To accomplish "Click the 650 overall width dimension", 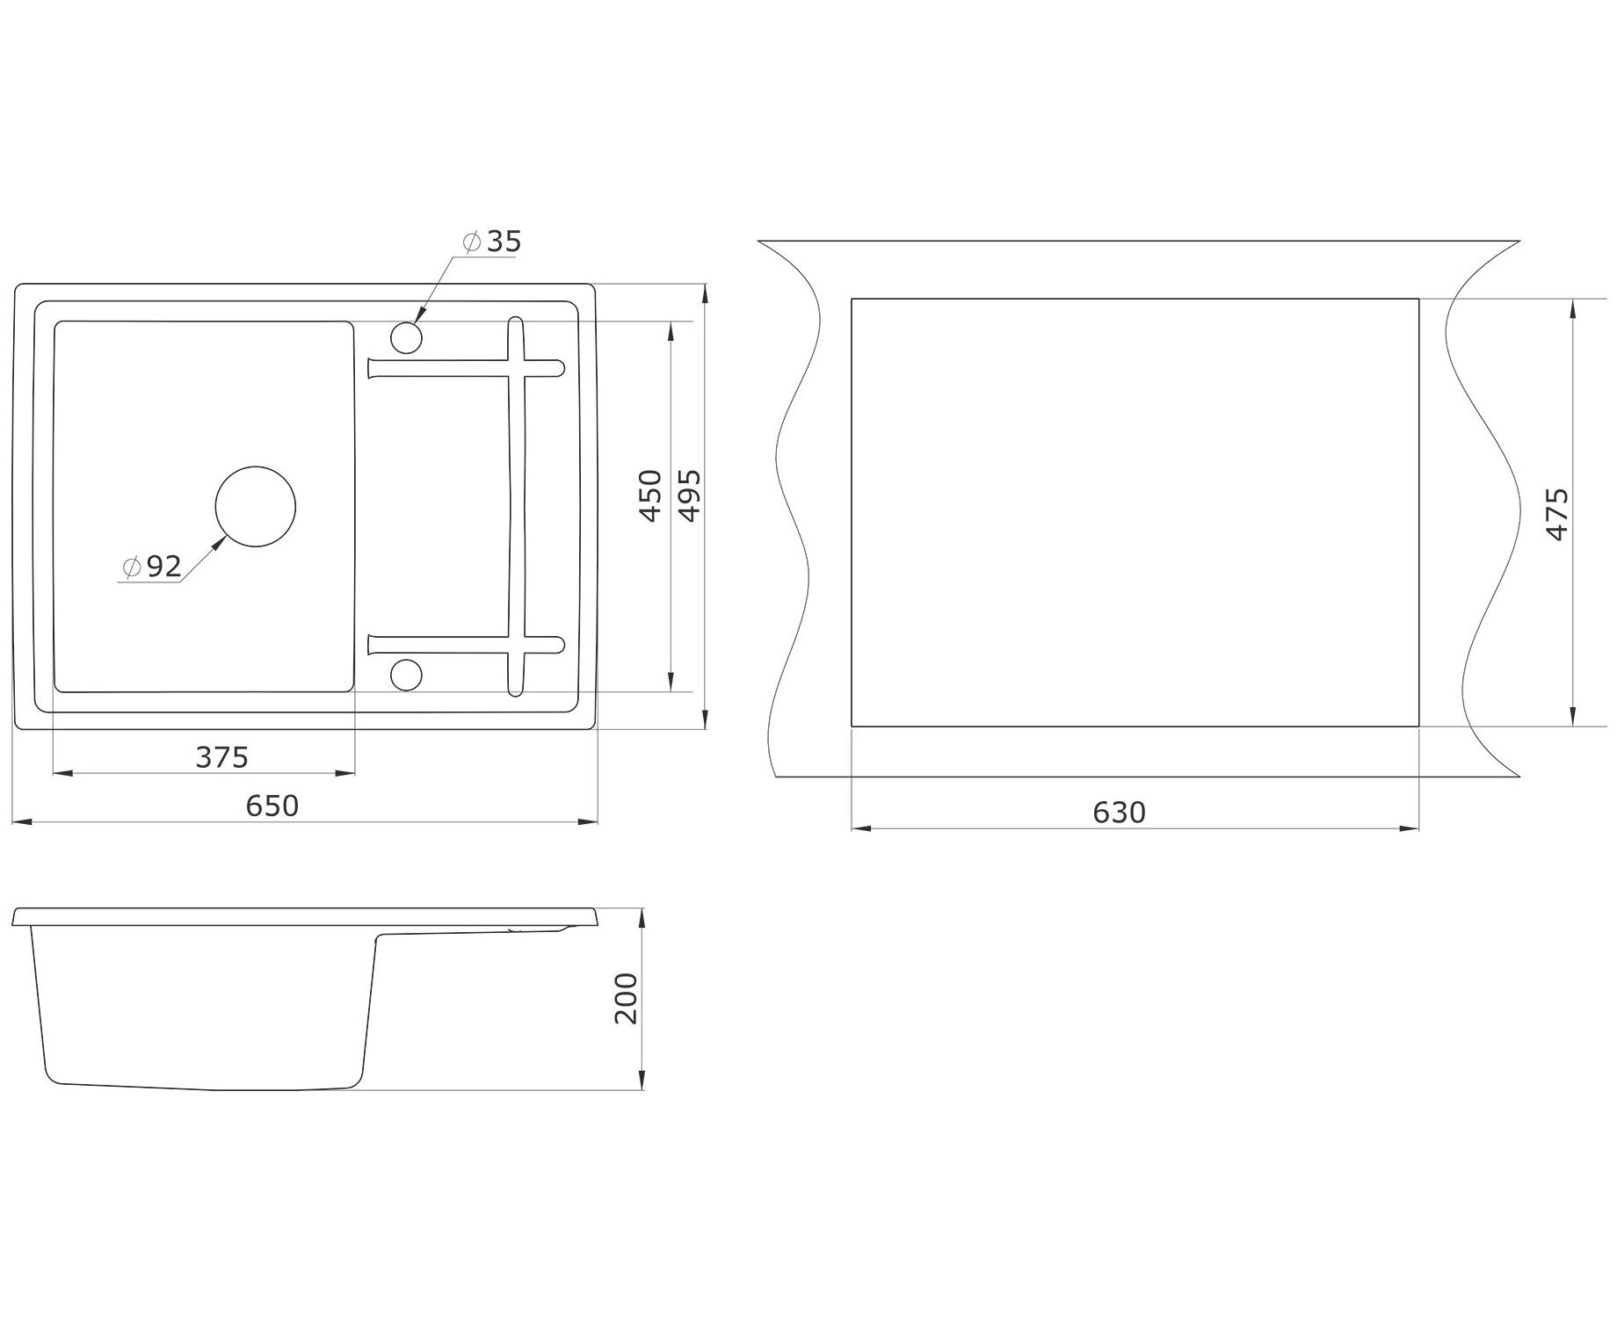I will pyautogui.click(x=272, y=806).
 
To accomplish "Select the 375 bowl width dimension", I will pyautogui.click(x=222, y=756).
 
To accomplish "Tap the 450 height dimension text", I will pyautogui.click(x=650, y=495).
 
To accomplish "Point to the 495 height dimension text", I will pyautogui.click(x=691, y=495).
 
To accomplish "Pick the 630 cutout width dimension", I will pyautogui.click(x=1120, y=813).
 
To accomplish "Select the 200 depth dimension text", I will pyautogui.click(x=626, y=998).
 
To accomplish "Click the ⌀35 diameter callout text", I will pyautogui.click(x=493, y=242).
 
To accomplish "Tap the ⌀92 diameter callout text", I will pyautogui.click(x=154, y=567).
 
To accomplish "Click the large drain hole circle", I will pyautogui.click(x=256, y=507).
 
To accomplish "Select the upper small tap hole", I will pyautogui.click(x=406, y=337).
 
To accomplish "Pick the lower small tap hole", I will pyautogui.click(x=406, y=675).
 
